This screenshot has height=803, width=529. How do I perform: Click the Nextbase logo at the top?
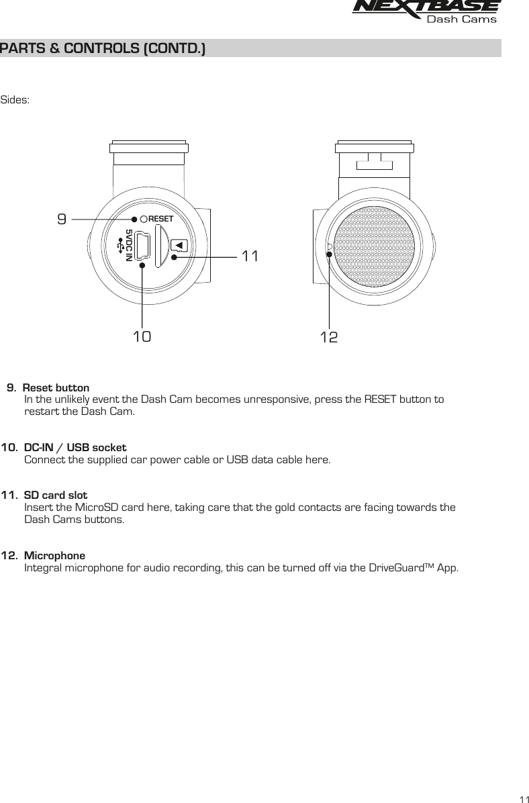(x=426, y=10)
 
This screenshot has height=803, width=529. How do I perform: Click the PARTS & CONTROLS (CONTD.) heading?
(x=103, y=48)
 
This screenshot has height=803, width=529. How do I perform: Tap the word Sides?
(x=15, y=100)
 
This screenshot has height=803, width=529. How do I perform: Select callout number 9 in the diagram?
(x=62, y=219)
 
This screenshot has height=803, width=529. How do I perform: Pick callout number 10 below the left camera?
(x=142, y=336)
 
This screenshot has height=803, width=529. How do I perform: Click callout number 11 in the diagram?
(x=250, y=256)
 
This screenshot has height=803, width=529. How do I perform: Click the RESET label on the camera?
(x=160, y=219)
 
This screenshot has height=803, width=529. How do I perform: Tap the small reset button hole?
(x=144, y=219)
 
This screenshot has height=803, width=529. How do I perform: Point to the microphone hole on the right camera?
(x=329, y=248)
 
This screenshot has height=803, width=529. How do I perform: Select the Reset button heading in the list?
(x=56, y=388)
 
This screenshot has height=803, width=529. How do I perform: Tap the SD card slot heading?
(x=56, y=495)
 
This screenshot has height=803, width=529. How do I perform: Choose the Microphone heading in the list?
(x=54, y=556)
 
